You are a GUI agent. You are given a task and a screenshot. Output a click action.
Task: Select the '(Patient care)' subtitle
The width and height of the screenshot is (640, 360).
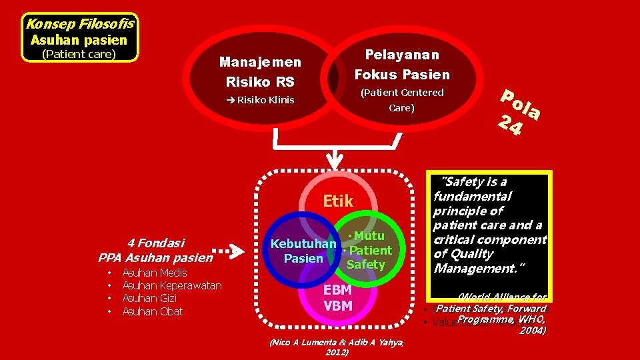[x=79, y=54]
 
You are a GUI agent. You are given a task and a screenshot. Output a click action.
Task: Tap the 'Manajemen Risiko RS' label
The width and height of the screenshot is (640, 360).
[x=260, y=72]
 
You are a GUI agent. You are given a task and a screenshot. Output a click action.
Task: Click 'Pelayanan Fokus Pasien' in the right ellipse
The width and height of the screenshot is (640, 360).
[x=401, y=64]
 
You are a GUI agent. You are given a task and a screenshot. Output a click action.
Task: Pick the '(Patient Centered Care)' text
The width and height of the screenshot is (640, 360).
[x=401, y=99]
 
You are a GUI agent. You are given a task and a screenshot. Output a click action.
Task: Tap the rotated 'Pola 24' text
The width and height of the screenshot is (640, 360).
[x=517, y=112]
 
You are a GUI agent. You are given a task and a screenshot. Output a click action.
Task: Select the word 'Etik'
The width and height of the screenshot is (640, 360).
[x=337, y=201]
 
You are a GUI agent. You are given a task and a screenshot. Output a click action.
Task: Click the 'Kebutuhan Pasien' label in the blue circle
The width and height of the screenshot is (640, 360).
[x=303, y=251]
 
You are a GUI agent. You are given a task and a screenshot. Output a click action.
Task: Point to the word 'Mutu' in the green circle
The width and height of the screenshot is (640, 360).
[x=369, y=236]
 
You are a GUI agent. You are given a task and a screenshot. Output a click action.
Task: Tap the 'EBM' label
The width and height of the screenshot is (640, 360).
[x=337, y=291]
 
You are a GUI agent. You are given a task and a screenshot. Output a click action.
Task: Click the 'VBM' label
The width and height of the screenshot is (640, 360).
[x=337, y=306]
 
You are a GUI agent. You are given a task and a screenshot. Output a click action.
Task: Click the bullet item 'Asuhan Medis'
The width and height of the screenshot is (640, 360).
[x=155, y=273]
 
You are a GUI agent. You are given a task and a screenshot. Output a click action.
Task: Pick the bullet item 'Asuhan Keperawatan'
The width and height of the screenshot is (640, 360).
[x=172, y=285]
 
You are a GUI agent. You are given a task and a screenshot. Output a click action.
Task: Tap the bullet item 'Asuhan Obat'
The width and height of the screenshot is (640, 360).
[x=152, y=311]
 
